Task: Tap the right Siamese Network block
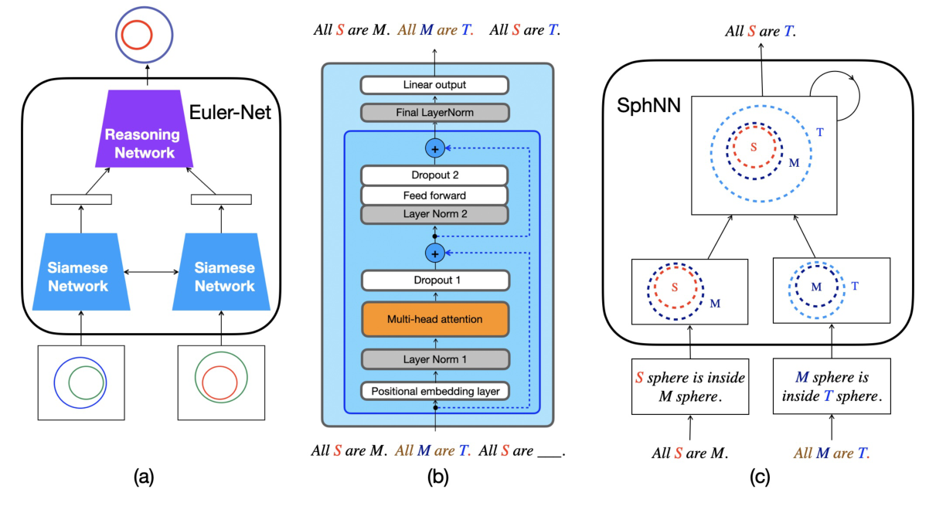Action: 224,276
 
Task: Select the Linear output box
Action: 434,84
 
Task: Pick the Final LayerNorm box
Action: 434,114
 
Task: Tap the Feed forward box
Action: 434,195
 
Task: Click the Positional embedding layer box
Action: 436,391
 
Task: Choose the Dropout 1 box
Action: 436,280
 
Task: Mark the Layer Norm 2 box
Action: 434,214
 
